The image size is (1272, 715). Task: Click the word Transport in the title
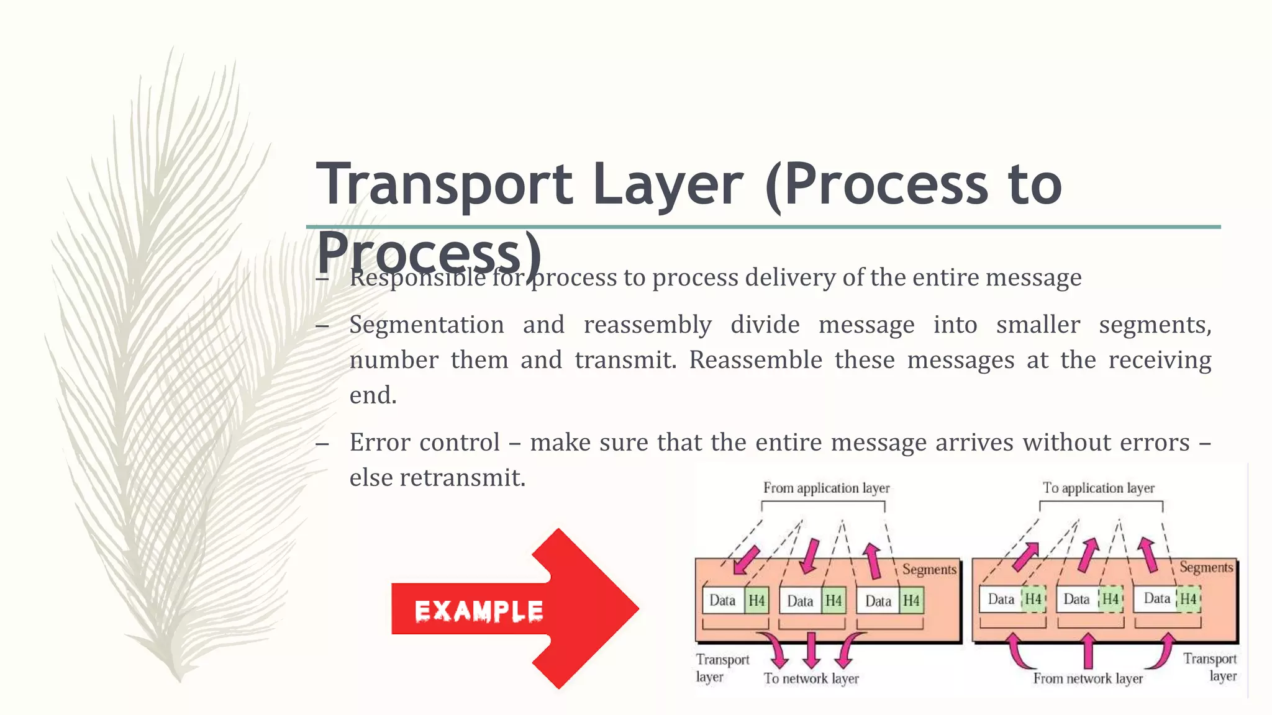pos(444,184)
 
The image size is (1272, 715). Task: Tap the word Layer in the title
pos(668,184)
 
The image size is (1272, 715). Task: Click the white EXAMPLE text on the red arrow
pos(479,611)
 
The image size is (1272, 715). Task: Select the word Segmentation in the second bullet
pos(426,325)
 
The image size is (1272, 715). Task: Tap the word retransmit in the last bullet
pos(462,478)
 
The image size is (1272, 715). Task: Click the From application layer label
pos(826,488)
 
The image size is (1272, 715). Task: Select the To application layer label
pos(1098,488)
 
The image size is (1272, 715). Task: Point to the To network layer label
pos(811,678)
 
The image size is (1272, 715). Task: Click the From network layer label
pos(1088,678)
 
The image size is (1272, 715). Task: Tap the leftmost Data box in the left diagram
pos(722,600)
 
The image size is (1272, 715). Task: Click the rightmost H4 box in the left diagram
pos(911,601)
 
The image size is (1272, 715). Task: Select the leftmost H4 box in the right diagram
pos(1033,599)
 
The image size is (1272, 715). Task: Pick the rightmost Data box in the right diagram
pos(1156,598)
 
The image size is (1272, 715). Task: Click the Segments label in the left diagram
pos(929,569)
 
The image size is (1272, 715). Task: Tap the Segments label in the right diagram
pos(1206,567)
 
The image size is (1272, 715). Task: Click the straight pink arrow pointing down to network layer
pos(811,649)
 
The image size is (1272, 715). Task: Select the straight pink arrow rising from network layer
pos(1088,650)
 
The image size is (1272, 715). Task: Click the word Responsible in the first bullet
pos(417,277)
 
